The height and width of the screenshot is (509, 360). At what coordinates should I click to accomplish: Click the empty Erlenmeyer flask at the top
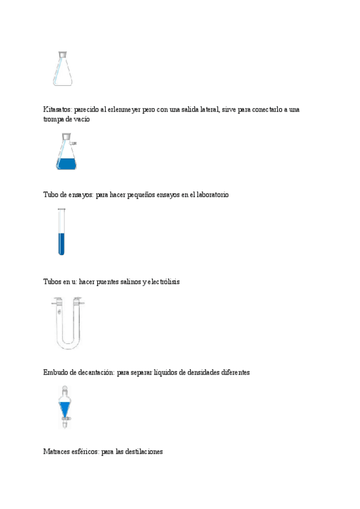(62, 68)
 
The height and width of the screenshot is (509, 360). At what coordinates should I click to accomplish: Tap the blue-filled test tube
(61, 232)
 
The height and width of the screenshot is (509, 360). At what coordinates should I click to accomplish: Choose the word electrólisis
(164, 281)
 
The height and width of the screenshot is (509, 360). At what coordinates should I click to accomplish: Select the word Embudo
(56, 372)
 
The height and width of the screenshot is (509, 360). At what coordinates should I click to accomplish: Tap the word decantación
(95, 372)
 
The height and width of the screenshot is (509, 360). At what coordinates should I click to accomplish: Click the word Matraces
(58, 451)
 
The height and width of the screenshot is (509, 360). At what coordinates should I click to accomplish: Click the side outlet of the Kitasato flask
(74, 143)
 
